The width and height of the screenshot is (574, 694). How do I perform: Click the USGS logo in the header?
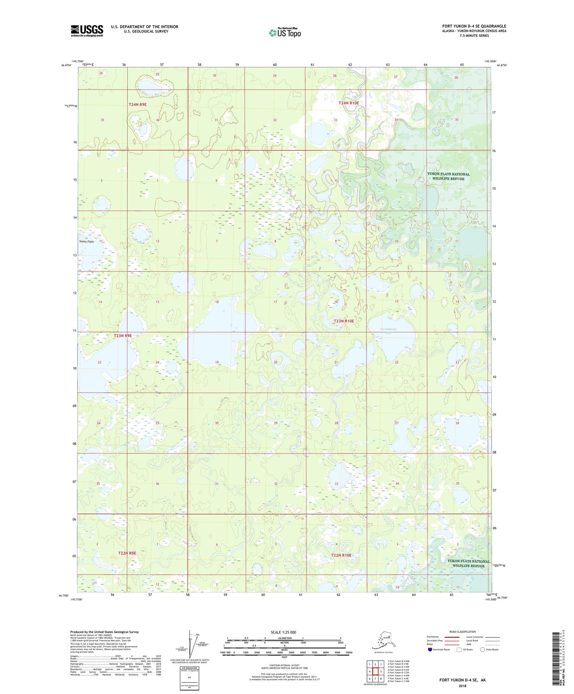coord(87,31)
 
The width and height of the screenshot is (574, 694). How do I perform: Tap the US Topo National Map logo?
coord(285,33)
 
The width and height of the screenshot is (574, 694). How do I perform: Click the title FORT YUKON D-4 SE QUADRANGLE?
coord(474,26)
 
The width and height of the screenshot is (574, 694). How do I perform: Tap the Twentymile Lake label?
coord(389,331)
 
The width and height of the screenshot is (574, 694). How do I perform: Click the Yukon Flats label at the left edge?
coord(86,242)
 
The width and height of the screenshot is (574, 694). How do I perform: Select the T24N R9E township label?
coord(137,104)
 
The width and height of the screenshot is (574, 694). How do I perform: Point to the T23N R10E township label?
coord(344,321)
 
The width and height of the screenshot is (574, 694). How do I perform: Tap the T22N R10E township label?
coord(341,555)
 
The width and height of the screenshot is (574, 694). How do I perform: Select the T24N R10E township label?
coord(349,103)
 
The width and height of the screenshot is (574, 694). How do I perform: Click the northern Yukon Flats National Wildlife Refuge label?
coord(448,176)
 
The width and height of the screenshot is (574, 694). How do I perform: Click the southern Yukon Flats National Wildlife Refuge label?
coord(468,563)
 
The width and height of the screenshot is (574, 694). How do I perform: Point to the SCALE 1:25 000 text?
coord(283,632)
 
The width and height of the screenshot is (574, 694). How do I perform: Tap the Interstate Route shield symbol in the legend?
coord(430,650)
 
